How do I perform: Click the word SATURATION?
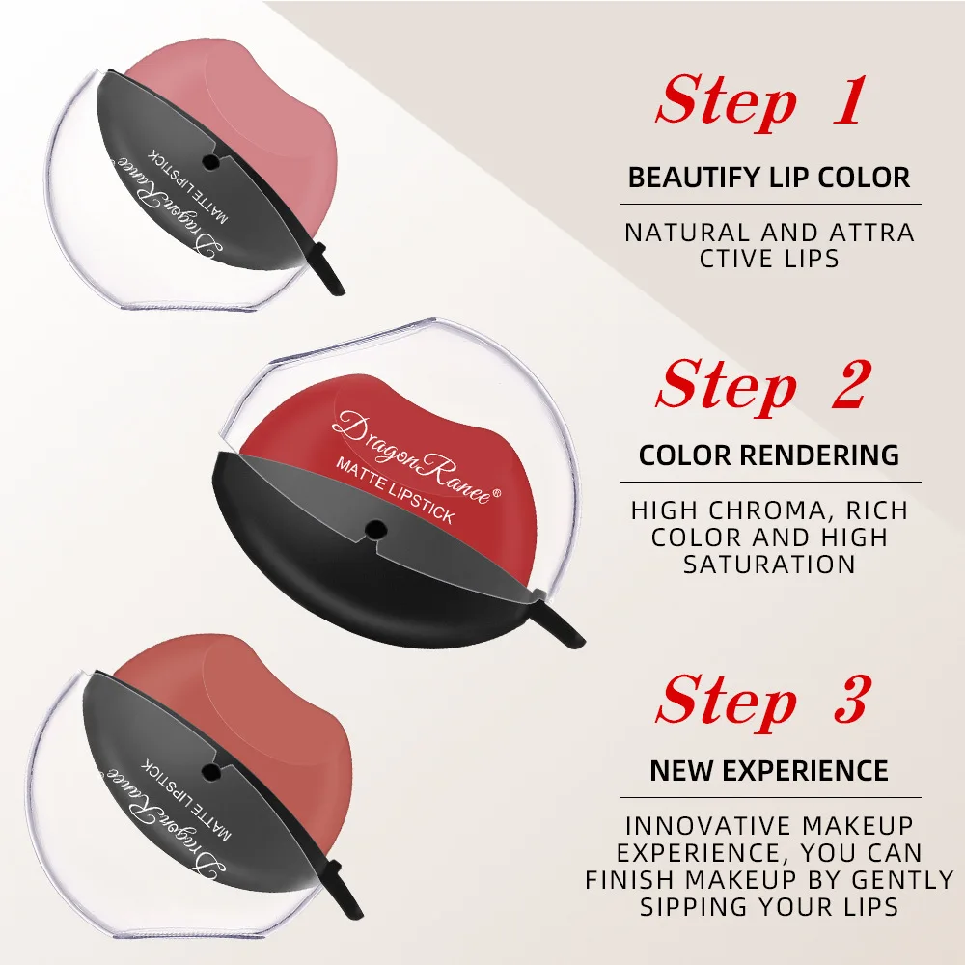[x=769, y=565]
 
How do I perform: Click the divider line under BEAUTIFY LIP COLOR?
[x=769, y=204]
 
